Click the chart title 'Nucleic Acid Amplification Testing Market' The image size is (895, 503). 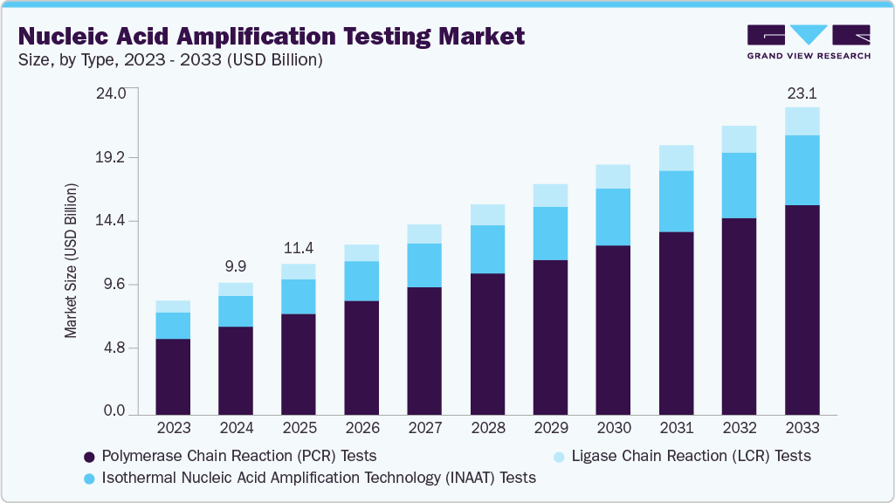click(x=272, y=36)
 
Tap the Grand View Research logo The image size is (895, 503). click(x=808, y=41)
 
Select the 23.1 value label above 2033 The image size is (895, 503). click(x=802, y=93)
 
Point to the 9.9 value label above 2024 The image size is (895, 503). click(x=236, y=267)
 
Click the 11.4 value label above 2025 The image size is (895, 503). click(x=299, y=248)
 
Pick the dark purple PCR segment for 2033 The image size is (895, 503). click(x=802, y=309)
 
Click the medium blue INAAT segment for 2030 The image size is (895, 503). click(x=613, y=217)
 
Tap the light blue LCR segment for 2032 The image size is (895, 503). click(x=739, y=139)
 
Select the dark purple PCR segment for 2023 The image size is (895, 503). click(x=173, y=376)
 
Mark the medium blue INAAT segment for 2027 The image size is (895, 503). click(x=424, y=265)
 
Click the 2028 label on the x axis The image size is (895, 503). click(x=487, y=428)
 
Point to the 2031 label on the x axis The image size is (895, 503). click(x=676, y=428)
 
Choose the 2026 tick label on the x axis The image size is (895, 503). click(x=361, y=428)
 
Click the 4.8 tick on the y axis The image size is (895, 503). click(x=115, y=348)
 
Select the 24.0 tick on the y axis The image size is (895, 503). click(x=112, y=93)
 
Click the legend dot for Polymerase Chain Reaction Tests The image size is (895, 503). click(x=89, y=457)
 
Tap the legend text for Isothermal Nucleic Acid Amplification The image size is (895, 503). click(x=319, y=478)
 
